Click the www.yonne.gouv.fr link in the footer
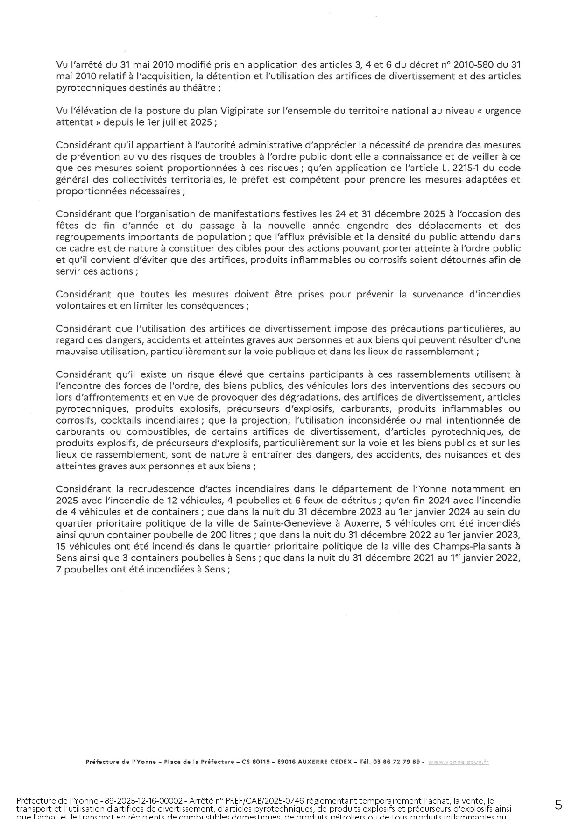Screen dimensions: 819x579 coord(459,762)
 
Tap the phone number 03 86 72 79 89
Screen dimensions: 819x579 coord(397,762)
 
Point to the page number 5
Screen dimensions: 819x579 coord(558,805)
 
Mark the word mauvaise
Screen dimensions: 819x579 coord(76,352)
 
